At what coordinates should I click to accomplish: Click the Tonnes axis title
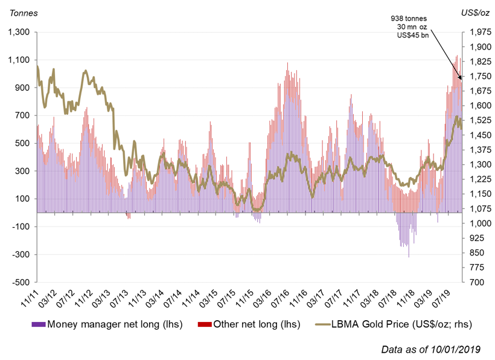[x=22, y=13]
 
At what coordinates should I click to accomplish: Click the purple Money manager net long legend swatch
[x=39, y=324]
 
